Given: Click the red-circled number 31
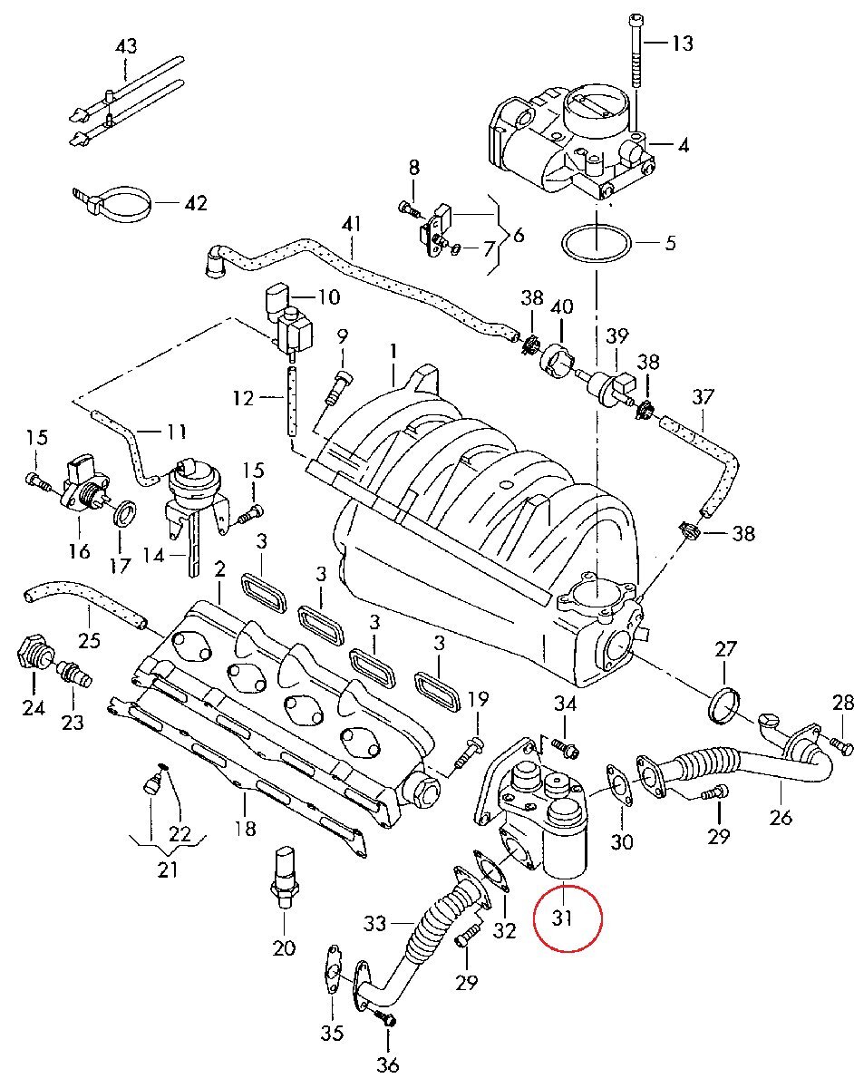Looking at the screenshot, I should coord(563,918).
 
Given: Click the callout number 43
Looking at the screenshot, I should coord(125,45).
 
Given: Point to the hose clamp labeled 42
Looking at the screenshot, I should coord(118,202).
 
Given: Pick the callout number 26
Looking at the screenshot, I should coord(780,817).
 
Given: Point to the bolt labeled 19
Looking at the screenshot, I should coord(471,748).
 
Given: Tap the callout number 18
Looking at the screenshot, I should coord(244,827).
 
